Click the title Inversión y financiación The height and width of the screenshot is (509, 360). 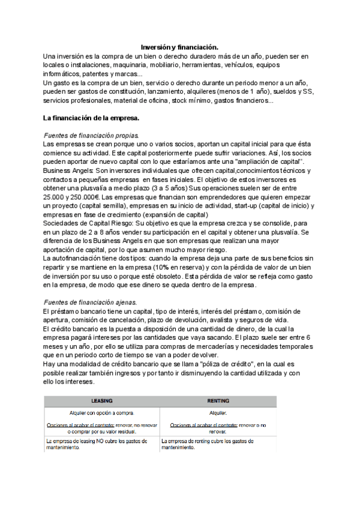tap(179, 47)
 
